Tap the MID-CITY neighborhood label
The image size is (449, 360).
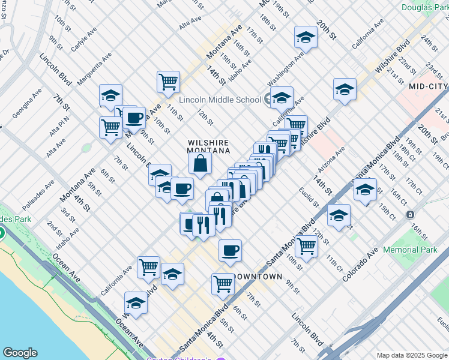(428, 86)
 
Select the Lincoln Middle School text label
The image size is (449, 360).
(220, 100)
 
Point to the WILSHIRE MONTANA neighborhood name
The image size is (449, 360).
(208, 146)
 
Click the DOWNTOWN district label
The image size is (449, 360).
(258, 277)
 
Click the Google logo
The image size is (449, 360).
(20, 353)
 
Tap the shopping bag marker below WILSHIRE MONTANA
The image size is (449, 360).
(200, 163)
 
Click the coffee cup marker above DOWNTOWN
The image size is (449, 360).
(229, 251)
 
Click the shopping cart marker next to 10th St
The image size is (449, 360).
(307, 246)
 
